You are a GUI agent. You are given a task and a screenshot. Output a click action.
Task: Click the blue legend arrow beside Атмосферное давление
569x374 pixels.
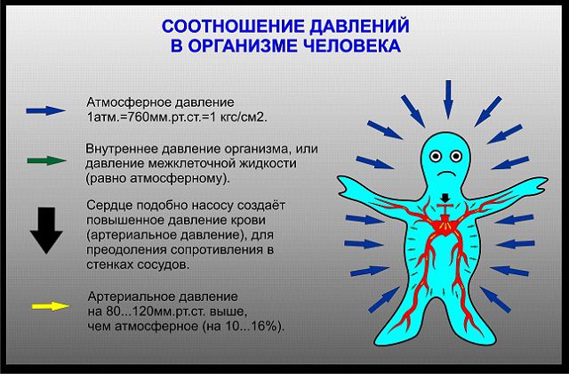tap(45, 110)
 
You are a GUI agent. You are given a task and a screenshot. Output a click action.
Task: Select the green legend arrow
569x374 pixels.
tap(47, 160)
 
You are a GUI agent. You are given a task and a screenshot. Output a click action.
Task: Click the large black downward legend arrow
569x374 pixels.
tap(46, 231)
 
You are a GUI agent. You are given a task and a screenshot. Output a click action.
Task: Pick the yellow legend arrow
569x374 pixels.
tap(51, 306)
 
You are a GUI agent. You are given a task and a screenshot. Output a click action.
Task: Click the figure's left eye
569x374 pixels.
tap(435, 157)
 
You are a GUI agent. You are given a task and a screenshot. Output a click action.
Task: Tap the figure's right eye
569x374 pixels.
tap(456, 157)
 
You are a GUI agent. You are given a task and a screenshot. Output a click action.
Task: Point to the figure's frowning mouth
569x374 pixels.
tap(446, 173)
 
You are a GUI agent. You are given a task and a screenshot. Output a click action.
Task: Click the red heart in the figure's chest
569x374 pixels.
tap(445, 227)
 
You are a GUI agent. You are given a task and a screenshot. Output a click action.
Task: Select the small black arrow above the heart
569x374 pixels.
tap(445, 199)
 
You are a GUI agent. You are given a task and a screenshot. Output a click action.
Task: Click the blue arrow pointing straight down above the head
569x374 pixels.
tap(448, 99)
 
